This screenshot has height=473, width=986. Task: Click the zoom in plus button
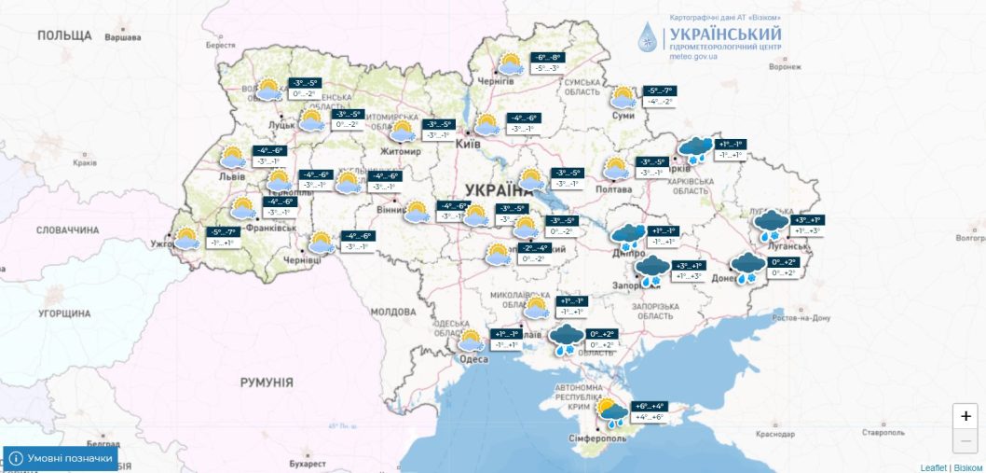pos(965,416)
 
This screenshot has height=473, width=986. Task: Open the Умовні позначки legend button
pos(61,459)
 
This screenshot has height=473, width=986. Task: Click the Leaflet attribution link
pos(933,466)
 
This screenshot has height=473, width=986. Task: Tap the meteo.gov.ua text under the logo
pos(692,56)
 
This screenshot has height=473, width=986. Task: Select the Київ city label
pos(467,144)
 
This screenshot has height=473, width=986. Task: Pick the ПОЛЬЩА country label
pos(64,35)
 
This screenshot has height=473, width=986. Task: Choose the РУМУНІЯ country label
pos(266,383)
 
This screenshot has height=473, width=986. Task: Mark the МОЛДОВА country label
pos(392,312)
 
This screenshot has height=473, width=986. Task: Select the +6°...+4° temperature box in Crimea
pos(649,406)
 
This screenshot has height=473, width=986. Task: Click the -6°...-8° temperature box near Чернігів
pos(545,57)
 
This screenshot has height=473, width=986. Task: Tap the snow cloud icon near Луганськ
pos(770,225)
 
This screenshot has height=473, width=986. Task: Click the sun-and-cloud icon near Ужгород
pos(187,238)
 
